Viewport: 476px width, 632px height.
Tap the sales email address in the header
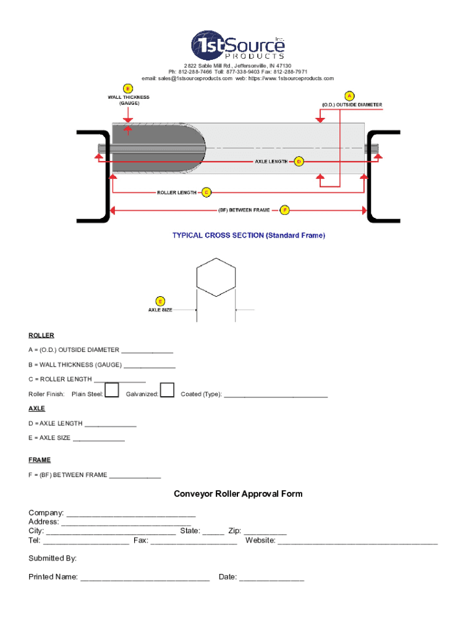click(x=187, y=78)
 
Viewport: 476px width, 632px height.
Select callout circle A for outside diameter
click(x=349, y=96)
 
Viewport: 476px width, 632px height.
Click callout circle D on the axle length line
click(x=299, y=162)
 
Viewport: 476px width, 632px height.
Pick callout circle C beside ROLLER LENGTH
click(x=206, y=192)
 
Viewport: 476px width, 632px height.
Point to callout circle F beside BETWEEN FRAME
click(x=284, y=210)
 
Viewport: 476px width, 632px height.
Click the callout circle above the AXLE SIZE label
click(x=160, y=301)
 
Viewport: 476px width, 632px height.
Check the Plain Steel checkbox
click(x=112, y=390)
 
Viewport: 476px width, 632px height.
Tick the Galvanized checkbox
click(x=167, y=390)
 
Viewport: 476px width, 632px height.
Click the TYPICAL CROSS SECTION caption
click(x=249, y=235)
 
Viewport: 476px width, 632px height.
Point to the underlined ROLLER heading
click(x=41, y=336)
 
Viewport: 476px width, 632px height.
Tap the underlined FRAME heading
click(x=40, y=460)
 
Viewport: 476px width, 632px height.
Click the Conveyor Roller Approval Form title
click(x=238, y=494)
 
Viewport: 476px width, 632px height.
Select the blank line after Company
click(x=131, y=514)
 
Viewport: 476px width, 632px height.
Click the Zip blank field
click(x=265, y=531)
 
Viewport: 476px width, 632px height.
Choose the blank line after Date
click(x=271, y=578)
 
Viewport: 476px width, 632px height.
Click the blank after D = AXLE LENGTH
click(x=110, y=425)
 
